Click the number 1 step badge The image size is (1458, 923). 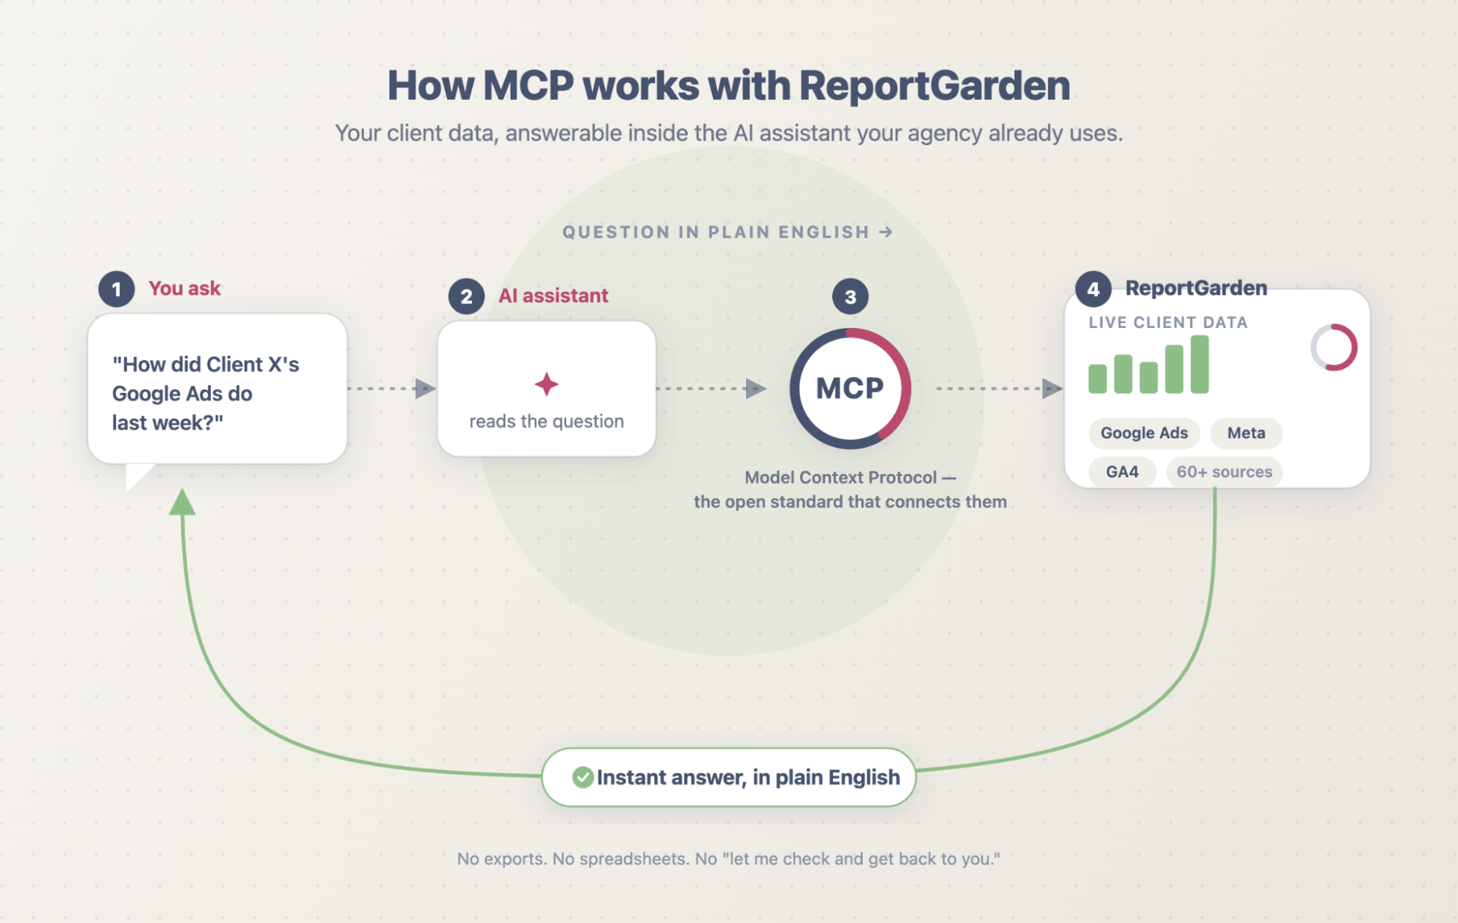coord(117,289)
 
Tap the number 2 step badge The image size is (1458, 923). coord(467,297)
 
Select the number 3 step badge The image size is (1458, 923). coord(850,297)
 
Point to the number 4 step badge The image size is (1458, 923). coord(1093,289)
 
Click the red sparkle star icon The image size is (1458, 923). coord(546,384)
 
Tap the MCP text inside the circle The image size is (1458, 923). coord(850,389)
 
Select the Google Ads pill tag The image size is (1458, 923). coord(1144,433)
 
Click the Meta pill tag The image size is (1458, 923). coord(1246,433)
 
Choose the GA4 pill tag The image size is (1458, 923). coord(1122,472)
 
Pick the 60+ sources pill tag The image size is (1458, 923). coord(1224,472)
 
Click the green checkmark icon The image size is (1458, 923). coord(583,777)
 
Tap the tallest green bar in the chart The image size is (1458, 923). coord(1199,365)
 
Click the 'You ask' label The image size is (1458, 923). coord(185,289)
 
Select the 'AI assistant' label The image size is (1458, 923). coord(553,295)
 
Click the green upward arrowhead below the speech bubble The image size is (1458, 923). coord(182,502)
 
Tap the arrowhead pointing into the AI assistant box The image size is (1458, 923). coord(425,389)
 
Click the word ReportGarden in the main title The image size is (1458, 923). coord(934,85)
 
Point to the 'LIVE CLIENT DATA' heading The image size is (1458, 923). coord(1168,322)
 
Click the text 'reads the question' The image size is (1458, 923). coord(546,421)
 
